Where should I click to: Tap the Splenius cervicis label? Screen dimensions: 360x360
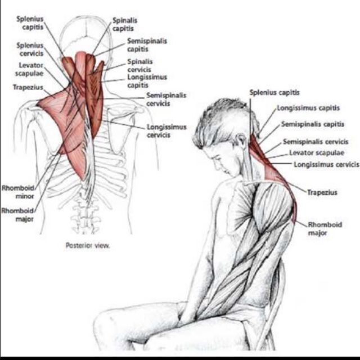pos(25,48)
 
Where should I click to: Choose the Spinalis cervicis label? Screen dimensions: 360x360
pos(139,64)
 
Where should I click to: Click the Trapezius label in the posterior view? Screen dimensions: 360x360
pos(25,87)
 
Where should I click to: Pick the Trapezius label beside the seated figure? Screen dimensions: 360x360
pos(322,192)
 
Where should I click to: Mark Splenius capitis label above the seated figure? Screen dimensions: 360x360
pos(274,92)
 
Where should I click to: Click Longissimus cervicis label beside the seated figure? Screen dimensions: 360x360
pos(326,164)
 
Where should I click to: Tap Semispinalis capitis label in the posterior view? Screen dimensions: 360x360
pos(146,45)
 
